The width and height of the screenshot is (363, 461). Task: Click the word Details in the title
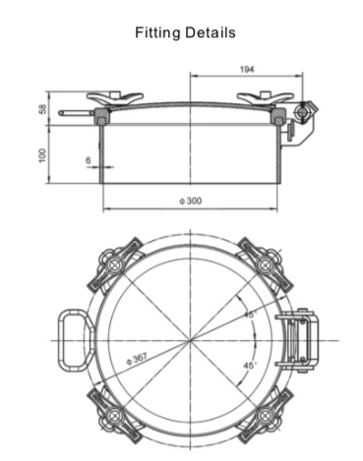click(x=211, y=32)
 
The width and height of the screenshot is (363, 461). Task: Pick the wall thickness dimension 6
click(x=88, y=159)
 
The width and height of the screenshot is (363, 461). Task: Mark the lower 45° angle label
click(x=250, y=365)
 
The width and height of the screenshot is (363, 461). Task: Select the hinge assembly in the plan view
click(x=298, y=338)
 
